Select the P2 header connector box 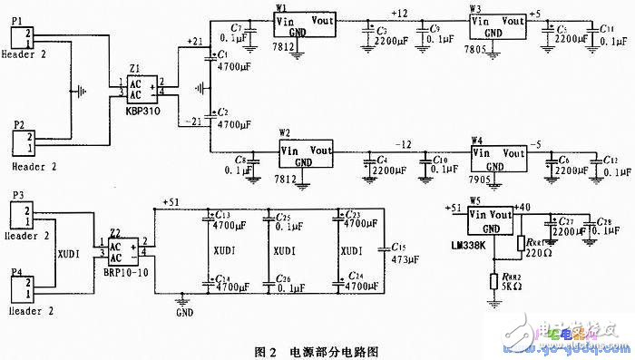(23, 142)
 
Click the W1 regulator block (303, 24)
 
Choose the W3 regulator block (496, 24)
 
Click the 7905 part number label (483, 180)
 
